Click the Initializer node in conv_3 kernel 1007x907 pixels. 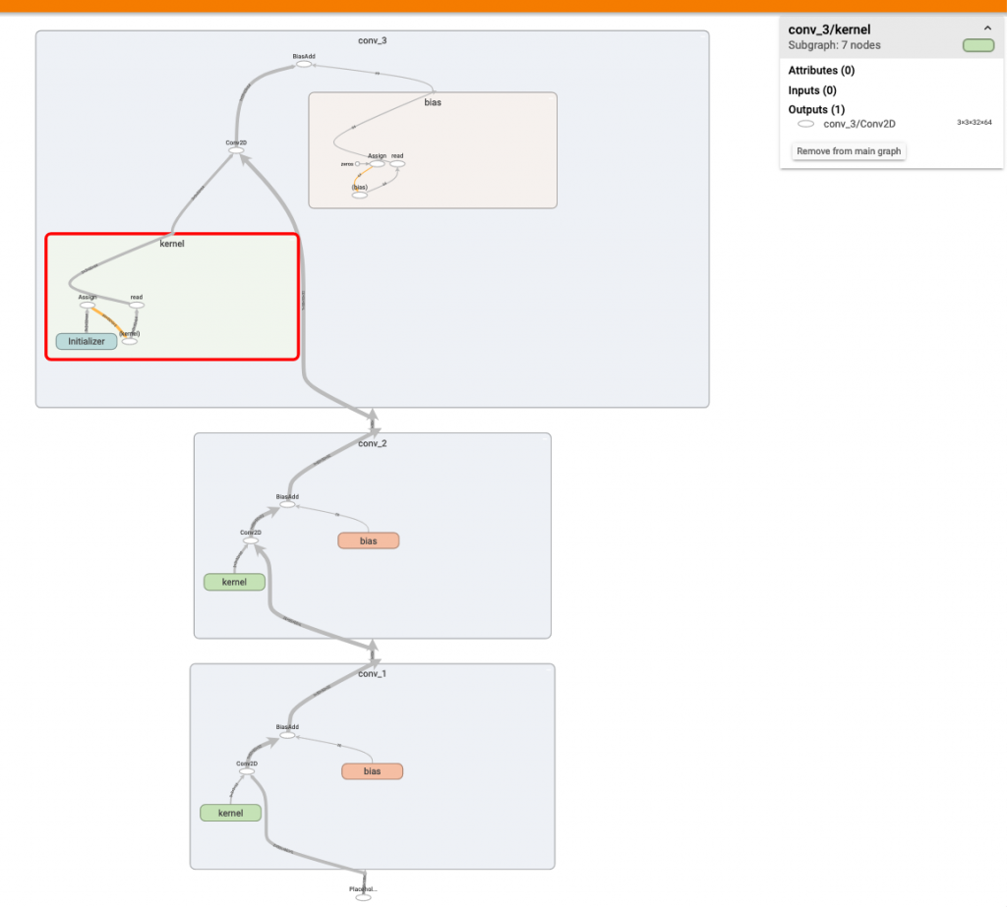(87, 341)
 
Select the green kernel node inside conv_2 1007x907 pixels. (234, 582)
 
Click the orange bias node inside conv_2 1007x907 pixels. (369, 540)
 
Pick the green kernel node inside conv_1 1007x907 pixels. (230, 813)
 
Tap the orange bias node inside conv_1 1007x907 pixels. (372, 771)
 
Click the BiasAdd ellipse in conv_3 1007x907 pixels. (304, 65)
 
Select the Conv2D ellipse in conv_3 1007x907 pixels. (236, 150)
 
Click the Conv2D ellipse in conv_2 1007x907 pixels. (251, 540)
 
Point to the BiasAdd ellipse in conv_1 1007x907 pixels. (287, 735)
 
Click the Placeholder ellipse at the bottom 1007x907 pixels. (363, 897)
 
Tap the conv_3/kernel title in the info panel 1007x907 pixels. (829, 29)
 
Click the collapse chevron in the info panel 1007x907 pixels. (987, 29)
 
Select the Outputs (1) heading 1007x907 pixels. (815, 109)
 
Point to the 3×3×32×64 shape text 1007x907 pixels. (976, 123)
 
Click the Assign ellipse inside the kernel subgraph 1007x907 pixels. (87, 305)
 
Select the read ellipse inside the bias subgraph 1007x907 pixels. (397, 163)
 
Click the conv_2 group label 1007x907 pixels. (372, 443)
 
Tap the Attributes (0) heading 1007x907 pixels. (821, 71)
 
